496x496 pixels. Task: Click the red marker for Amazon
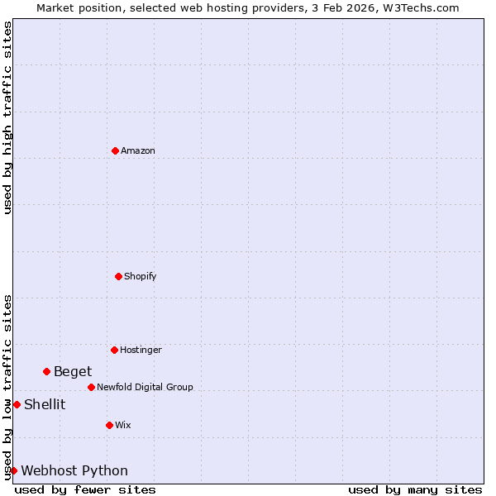click(115, 150)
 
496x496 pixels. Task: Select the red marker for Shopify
click(118, 276)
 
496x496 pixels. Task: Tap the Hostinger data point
click(114, 350)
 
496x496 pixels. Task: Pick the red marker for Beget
click(46, 371)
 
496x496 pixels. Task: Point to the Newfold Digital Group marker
click(91, 387)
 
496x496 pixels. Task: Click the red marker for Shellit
click(17, 404)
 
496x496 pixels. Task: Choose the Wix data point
click(109, 425)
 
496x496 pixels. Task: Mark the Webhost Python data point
click(13, 470)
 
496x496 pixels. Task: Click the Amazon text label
click(138, 150)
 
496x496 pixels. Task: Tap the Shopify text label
click(141, 276)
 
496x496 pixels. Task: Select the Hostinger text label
click(141, 350)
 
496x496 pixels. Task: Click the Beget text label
click(73, 371)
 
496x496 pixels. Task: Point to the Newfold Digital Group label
click(145, 387)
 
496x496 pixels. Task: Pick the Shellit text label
click(45, 404)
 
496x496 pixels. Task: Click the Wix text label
click(123, 425)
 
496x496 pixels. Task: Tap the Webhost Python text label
click(74, 470)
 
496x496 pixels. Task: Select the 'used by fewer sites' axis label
click(85, 489)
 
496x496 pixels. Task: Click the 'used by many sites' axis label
click(415, 489)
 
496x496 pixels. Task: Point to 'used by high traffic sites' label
click(7, 117)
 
